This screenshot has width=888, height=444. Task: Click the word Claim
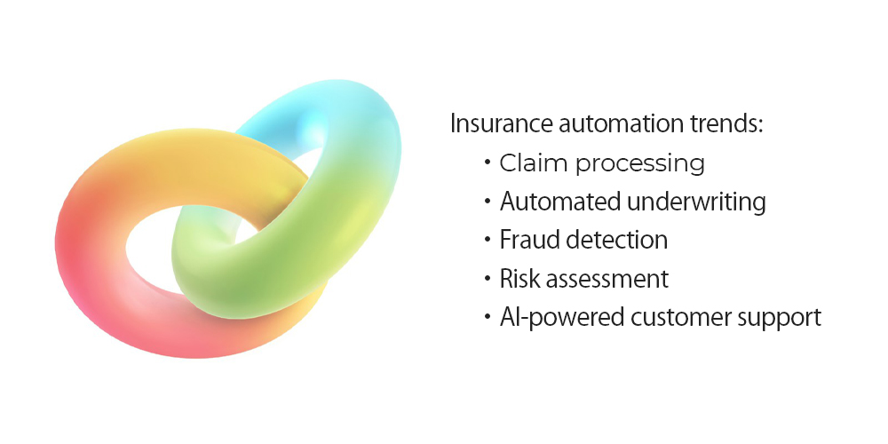pyautogui.click(x=534, y=163)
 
